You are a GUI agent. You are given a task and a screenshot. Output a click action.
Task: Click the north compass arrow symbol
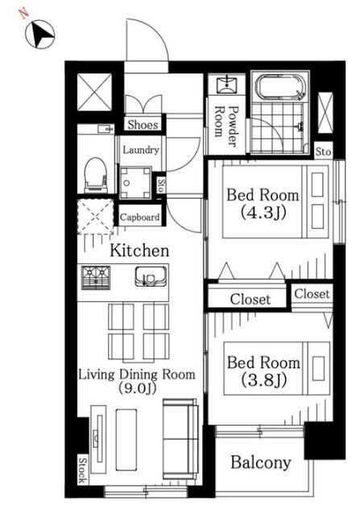coord(40,34)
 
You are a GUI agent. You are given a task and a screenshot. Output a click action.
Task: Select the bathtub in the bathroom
coord(280,87)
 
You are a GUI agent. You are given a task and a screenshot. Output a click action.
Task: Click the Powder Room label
coord(227,126)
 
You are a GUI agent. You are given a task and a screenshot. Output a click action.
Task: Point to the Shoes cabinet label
coord(143,124)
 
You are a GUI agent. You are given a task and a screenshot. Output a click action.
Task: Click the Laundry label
coord(141,150)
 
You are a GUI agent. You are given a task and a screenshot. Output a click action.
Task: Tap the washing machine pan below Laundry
coord(135,183)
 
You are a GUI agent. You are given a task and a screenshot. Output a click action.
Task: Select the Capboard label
coord(139,217)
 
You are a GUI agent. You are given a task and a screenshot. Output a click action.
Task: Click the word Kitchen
coord(139,250)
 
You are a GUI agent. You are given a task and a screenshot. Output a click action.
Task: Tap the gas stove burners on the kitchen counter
coord(96,277)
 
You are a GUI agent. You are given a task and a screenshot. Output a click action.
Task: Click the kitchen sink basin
coord(151,276)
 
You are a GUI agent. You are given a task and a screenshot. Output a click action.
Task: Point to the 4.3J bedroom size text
coord(263,213)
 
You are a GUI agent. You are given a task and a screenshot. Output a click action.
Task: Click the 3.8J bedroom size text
coord(264,379)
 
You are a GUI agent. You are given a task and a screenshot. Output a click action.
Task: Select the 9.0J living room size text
coord(137,388)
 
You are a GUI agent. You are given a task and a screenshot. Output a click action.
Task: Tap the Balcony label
coord(261,462)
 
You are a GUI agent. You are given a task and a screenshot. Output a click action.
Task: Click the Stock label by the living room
coord(83,470)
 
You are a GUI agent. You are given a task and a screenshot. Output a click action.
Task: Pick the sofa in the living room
coord(180,439)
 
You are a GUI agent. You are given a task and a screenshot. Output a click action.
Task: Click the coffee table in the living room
coord(126,440)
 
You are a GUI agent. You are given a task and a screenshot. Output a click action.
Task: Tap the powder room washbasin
coord(227,85)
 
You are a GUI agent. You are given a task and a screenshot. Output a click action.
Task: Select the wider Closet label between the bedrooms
coord(250,300)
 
